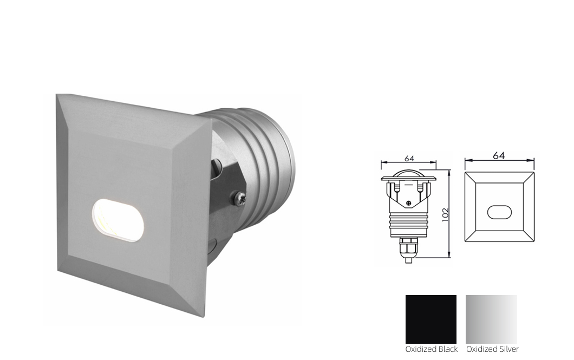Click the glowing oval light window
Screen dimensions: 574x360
(x=118, y=220)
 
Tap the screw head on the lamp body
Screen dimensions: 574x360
(x=238, y=198)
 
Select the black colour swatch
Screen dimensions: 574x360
(x=431, y=319)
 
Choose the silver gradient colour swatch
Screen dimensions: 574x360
(x=491, y=319)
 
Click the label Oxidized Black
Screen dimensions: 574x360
(x=431, y=349)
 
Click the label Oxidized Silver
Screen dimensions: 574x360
(x=492, y=349)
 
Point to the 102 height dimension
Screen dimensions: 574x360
(x=445, y=214)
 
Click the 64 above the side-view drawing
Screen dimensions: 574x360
(x=409, y=159)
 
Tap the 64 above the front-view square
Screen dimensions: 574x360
(x=499, y=155)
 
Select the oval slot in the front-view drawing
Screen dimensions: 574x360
(x=499, y=212)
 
